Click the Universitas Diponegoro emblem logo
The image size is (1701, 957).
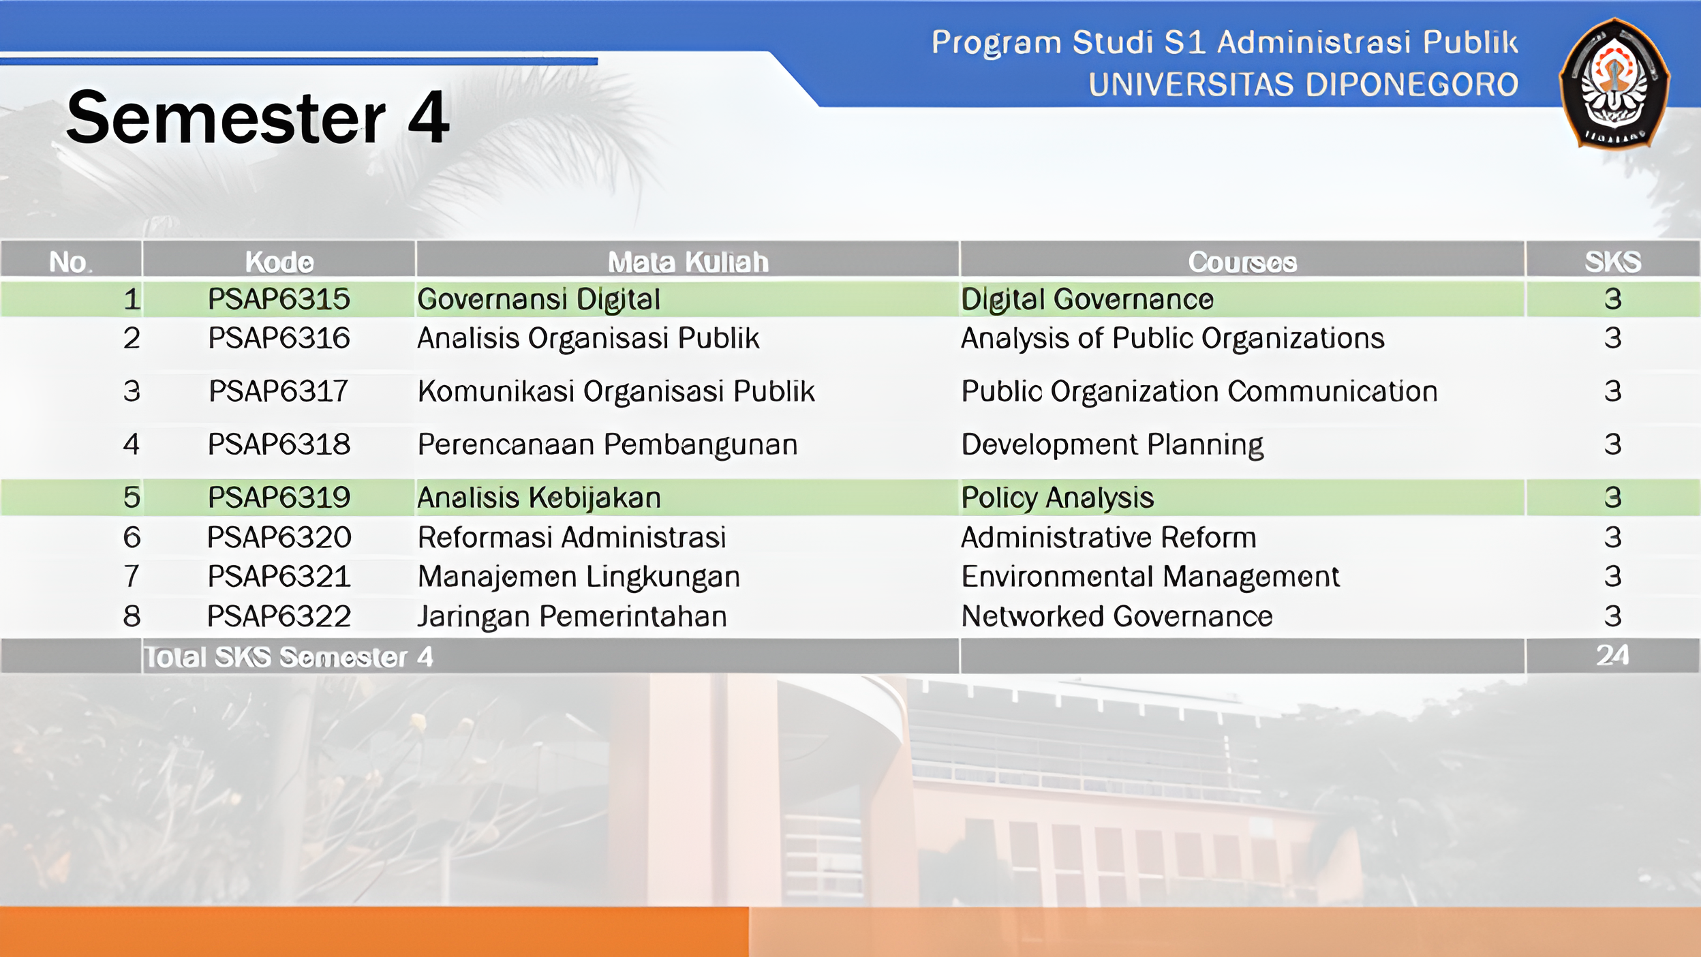coord(1614,83)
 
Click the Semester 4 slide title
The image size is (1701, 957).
coord(258,118)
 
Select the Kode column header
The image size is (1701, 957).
coord(279,262)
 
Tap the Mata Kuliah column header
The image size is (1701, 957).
coord(688,262)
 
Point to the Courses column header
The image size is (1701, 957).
coord(1242,262)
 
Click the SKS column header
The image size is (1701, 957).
coord(1612,262)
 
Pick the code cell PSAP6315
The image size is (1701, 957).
coord(279,299)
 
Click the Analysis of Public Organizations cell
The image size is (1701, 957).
coord(1172,339)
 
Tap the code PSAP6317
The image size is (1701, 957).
coord(279,391)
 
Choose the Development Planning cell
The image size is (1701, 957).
coord(1112,445)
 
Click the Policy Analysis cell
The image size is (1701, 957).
coord(1057,498)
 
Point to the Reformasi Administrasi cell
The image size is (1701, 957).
coord(572,537)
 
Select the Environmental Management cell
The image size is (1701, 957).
coord(1150,577)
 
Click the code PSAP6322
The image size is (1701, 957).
coord(279,616)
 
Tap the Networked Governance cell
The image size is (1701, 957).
coord(1116,616)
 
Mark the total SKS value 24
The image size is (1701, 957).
coord(1612,655)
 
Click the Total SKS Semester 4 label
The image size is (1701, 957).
coord(289,657)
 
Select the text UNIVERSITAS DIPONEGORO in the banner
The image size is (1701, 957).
coord(1303,85)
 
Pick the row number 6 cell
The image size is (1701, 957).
coord(132,538)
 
